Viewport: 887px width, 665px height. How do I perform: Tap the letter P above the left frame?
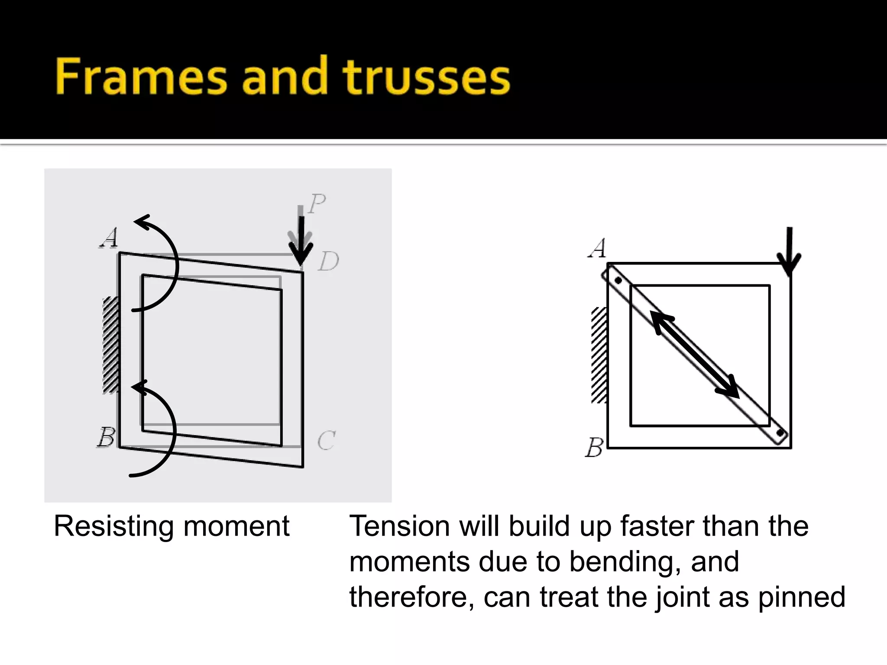(x=317, y=203)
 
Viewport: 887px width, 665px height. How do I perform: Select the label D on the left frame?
(x=328, y=261)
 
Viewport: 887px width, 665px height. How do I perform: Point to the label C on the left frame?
(x=326, y=441)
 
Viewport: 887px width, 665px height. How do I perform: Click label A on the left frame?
(x=109, y=238)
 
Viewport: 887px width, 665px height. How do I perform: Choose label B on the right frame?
(x=594, y=447)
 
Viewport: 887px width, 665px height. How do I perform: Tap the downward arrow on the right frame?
(x=789, y=251)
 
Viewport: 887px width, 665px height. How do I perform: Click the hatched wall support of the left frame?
(x=110, y=345)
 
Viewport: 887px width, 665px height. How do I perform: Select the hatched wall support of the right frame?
(x=599, y=355)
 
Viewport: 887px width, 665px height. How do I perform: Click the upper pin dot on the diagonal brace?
(x=618, y=281)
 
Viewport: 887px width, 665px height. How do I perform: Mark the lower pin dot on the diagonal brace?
(x=780, y=433)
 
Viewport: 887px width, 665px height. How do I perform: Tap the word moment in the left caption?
(x=236, y=527)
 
